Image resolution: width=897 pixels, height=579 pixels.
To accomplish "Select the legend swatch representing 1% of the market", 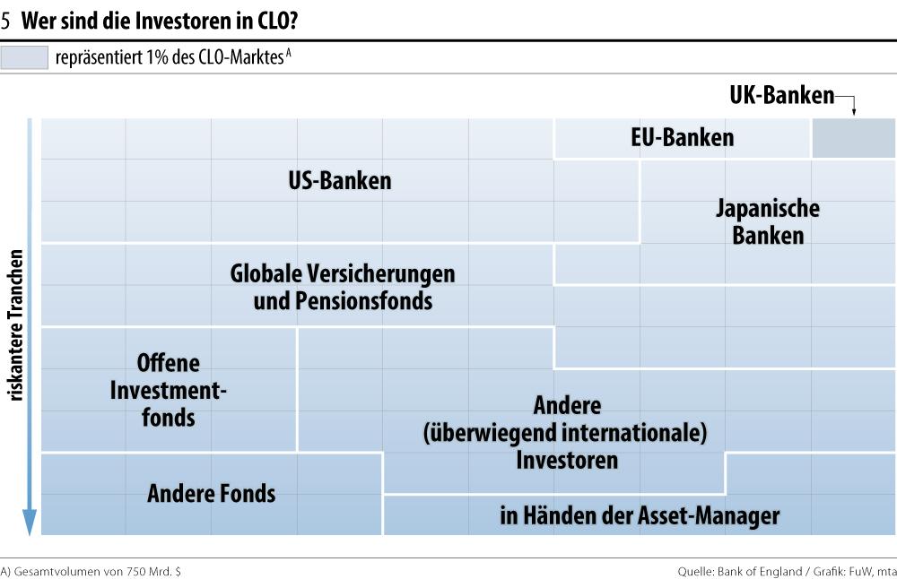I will (x=24, y=58).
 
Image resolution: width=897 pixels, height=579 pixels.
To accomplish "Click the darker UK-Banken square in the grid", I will (x=853, y=138).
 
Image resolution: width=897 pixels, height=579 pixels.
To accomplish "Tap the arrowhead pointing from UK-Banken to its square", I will (x=853, y=112).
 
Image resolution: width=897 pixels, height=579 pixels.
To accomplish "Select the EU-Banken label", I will (x=682, y=137).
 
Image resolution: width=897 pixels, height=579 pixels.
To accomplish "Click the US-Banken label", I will (x=340, y=180).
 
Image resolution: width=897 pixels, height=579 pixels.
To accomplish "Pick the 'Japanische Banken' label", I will (x=768, y=222).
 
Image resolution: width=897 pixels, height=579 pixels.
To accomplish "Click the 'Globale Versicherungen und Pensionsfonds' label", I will (x=343, y=286).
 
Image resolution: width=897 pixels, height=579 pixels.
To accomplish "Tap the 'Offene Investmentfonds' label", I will (x=169, y=390).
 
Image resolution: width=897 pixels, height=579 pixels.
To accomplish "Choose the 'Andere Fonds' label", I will (x=212, y=493).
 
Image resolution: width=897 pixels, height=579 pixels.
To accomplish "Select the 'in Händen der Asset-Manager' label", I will (x=640, y=515).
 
